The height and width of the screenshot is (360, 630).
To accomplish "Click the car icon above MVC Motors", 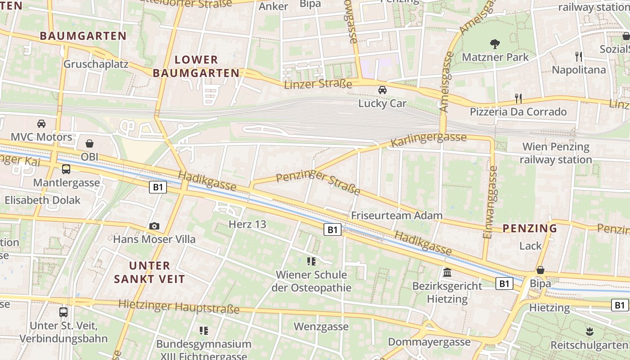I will [41, 123].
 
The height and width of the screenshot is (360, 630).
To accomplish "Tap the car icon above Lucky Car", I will [382, 90].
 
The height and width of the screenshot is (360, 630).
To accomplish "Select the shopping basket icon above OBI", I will [90, 144].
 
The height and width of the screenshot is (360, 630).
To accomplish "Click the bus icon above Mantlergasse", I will [66, 169].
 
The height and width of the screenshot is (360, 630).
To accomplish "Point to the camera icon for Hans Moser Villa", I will [154, 226].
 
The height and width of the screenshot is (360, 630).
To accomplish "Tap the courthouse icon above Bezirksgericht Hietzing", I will [447, 272].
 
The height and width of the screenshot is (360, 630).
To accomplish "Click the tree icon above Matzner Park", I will [495, 44].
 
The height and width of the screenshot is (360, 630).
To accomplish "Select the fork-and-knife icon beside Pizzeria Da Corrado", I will [518, 98].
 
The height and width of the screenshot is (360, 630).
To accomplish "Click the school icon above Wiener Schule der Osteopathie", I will [311, 261].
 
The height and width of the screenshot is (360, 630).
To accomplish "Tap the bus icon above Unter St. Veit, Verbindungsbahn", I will [63, 312].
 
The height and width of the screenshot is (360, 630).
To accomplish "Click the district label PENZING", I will [530, 228].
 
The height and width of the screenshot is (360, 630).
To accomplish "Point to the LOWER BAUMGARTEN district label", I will [196, 66].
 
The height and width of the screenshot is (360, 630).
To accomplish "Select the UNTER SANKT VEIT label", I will [149, 272].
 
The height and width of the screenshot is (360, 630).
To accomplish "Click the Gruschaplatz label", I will [96, 64].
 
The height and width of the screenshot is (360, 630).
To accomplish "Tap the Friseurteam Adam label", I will [397, 216].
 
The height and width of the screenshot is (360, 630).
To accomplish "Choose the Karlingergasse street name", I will [428, 139].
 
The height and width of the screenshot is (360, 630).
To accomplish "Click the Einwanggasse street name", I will [490, 202].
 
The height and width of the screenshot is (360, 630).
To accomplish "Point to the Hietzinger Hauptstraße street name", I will [179, 307].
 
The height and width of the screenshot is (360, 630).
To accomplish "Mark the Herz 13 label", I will [247, 224].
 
